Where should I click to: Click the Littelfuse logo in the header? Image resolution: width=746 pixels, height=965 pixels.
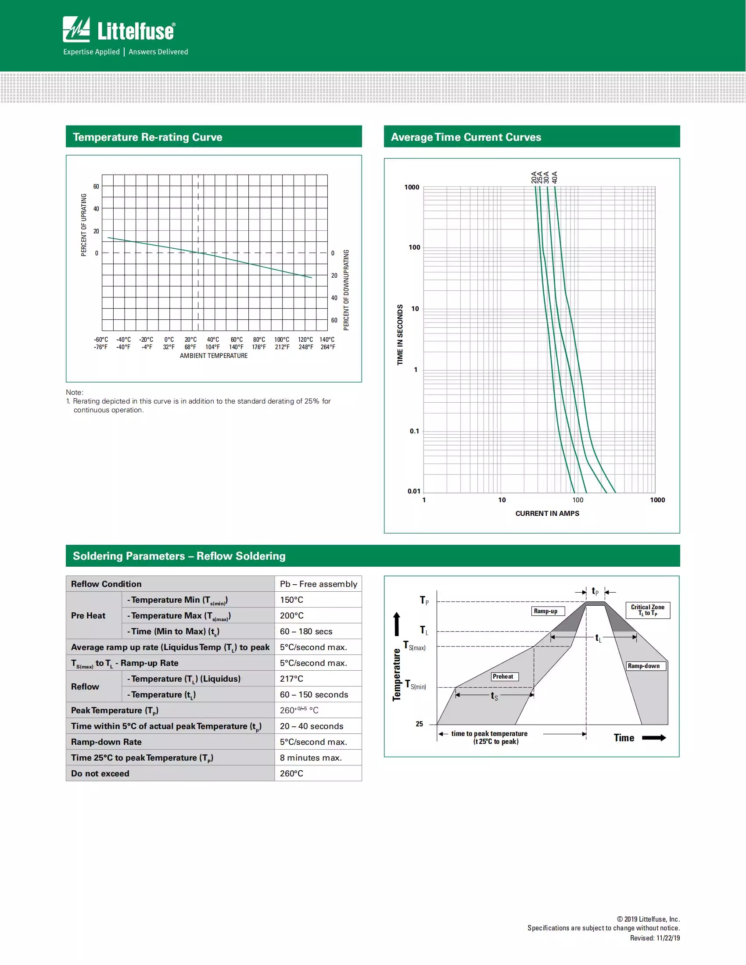(119, 30)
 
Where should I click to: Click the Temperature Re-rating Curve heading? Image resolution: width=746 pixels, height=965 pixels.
(147, 137)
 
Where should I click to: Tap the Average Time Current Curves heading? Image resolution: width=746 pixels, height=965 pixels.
(465, 137)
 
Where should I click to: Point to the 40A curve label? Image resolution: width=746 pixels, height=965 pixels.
(555, 177)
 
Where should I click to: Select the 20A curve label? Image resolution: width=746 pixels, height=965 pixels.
(534, 177)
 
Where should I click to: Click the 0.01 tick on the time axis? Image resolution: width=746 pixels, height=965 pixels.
(414, 491)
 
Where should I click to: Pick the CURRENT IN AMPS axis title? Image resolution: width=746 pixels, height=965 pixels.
(547, 513)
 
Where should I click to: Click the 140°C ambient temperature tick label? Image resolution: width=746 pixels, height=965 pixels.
(327, 340)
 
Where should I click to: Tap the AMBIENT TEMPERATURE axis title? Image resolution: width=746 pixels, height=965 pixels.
(213, 356)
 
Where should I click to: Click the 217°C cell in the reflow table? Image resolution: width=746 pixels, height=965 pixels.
(291, 679)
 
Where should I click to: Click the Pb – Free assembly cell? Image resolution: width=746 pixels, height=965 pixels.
(318, 584)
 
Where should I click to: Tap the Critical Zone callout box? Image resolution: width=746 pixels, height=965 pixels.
(647, 610)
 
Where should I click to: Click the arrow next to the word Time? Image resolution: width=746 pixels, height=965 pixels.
(654, 738)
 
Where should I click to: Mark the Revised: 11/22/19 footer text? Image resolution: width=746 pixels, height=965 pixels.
(655, 938)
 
